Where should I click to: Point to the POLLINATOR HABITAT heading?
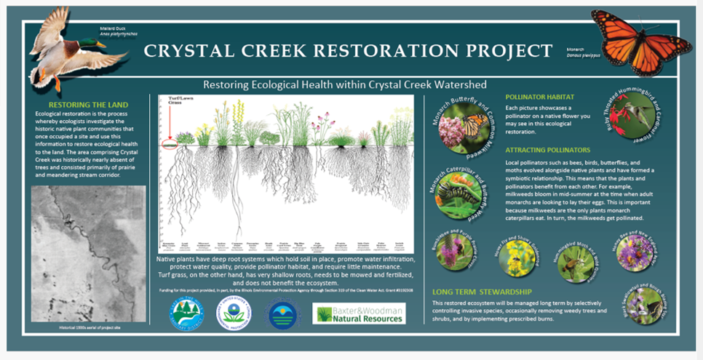tap(540, 97)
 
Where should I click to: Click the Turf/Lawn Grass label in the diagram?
tap(172, 100)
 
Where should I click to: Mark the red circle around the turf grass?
tap(169, 145)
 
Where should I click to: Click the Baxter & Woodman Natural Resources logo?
tap(359, 313)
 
